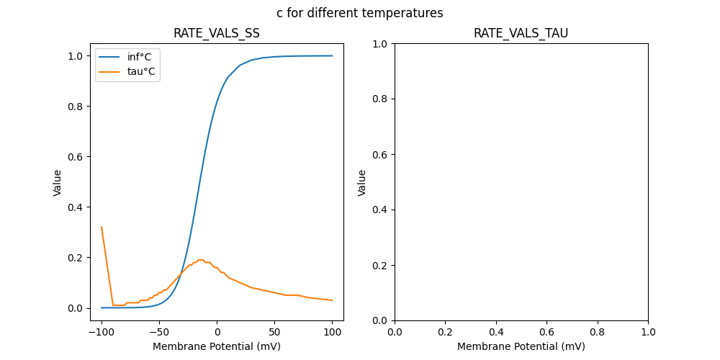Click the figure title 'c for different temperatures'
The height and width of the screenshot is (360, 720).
(359, 13)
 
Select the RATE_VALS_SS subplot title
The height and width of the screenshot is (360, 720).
(217, 33)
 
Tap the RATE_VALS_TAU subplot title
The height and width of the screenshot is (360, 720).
(521, 33)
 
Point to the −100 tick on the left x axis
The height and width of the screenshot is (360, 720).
(102, 333)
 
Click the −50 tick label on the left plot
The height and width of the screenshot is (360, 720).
(159, 333)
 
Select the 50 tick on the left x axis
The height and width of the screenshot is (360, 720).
(274, 333)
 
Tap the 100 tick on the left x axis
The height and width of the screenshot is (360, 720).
(332, 333)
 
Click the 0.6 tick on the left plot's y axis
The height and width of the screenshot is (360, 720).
(76, 157)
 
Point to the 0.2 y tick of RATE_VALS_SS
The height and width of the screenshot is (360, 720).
(76, 258)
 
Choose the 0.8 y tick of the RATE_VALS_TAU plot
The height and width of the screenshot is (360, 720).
(380, 99)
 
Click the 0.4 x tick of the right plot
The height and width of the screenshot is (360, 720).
(496, 333)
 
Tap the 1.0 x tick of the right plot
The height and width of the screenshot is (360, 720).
(648, 333)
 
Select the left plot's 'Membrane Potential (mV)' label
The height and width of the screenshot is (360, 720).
(217, 346)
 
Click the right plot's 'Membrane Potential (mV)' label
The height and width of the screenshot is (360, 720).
(521, 346)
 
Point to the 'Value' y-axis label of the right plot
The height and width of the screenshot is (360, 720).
(362, 182)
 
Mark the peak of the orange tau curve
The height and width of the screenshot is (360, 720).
(201, 260)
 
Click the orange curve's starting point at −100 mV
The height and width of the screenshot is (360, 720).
(102, 228)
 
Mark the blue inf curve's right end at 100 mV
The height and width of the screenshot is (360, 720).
(332, 56)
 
